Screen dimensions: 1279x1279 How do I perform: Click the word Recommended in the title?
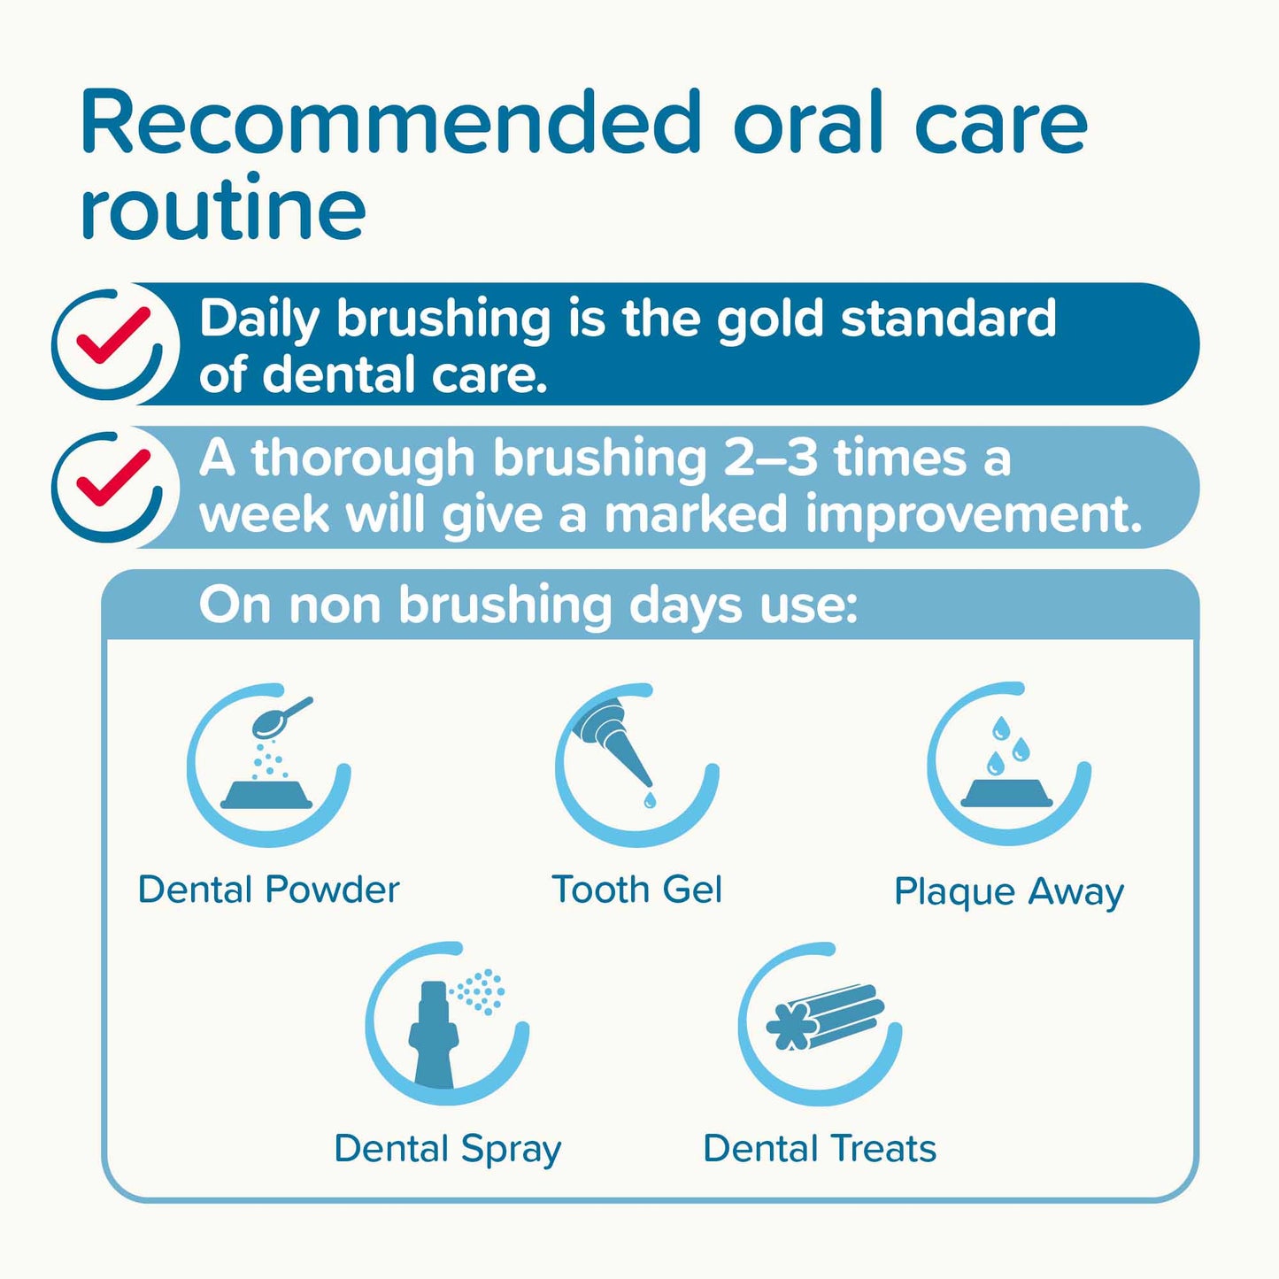pos(390,123)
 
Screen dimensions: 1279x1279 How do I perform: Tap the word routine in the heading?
pos(222,209)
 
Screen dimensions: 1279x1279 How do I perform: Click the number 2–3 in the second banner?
pos(770,458)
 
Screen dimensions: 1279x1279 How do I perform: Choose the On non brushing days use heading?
pos(528,605)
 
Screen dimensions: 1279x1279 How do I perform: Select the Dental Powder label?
pos(269,890)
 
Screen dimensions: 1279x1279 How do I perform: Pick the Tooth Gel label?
pos(637,890)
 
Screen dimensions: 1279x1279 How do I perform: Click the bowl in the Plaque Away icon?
pos(1007,792)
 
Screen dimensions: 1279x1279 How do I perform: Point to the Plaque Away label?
pos(1009,891)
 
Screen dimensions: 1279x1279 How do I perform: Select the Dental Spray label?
pos(448,1149)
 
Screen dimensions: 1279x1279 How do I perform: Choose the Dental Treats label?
pos(820,1149)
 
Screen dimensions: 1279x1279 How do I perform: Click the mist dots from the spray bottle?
pos(481,990)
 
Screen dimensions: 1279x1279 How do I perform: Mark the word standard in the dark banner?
pos(948,320)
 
